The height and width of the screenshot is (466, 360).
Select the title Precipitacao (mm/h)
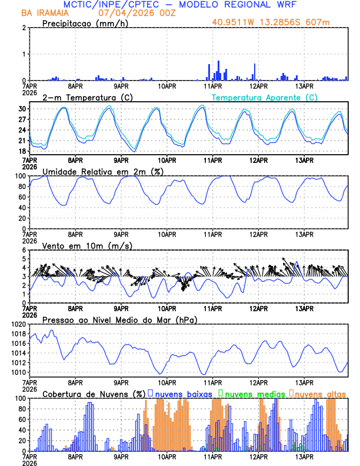coord(84,23)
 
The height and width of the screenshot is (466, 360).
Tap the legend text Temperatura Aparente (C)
coord(265,97)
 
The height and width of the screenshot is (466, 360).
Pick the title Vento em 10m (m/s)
coord(86,245)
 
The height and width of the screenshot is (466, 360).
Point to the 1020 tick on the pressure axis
coord(18,324)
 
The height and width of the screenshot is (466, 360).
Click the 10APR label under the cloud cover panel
coord(167,457)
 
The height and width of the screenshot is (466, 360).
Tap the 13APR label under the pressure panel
coord(304,382)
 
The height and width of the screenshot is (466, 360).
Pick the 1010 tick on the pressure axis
coord(18,372)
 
